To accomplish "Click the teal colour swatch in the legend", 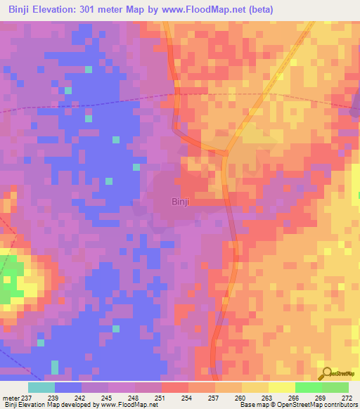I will tap(41, 387).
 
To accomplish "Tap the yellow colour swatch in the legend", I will tap(281, 387).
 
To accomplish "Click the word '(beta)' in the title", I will tap(257, 10).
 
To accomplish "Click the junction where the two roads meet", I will tap(226, 152).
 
